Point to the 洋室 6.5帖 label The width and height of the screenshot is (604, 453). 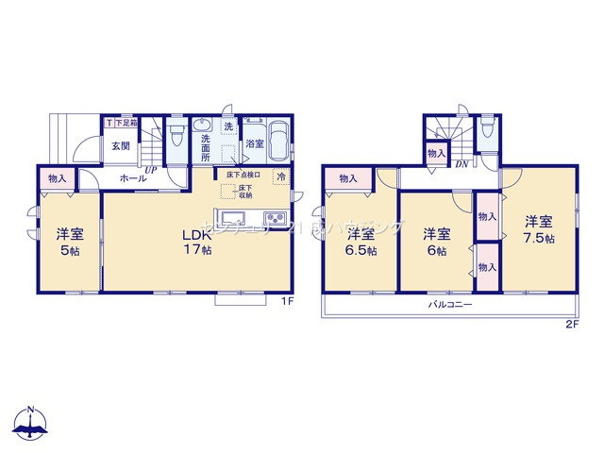[361, 243]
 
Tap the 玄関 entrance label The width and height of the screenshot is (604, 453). [120, 146]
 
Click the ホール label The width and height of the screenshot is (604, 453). [132, 177]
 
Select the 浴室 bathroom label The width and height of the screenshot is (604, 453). [255, 144]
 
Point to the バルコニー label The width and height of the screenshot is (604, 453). [450, 305]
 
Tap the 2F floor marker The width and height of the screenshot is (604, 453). [571, 325]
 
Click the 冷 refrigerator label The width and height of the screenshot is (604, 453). [280, 176]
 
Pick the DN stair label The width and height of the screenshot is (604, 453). [461, 164]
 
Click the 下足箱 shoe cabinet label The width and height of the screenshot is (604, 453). [126, 123]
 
